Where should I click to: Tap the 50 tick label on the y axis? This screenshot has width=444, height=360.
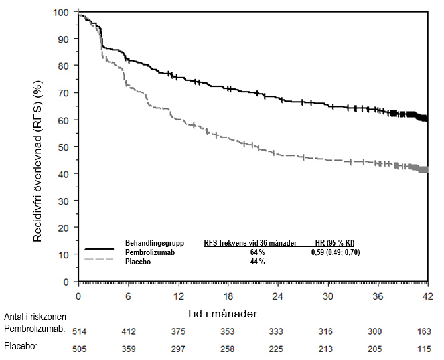click(63, 147)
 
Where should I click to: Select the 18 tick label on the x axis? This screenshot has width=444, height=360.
click(228, 296)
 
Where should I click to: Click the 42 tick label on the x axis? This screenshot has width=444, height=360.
click(428, 296)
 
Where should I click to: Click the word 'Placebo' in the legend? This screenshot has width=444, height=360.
click(137, 262)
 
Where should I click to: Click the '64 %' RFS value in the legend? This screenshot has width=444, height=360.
click(258, 252)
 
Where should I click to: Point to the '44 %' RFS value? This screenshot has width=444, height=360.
click(258, 262)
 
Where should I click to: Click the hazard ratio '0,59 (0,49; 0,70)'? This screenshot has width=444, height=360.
click(335, 252)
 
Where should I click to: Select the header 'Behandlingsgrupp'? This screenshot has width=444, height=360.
click(154, 243)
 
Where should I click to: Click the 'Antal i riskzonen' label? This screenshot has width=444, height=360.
click(34, 316)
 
